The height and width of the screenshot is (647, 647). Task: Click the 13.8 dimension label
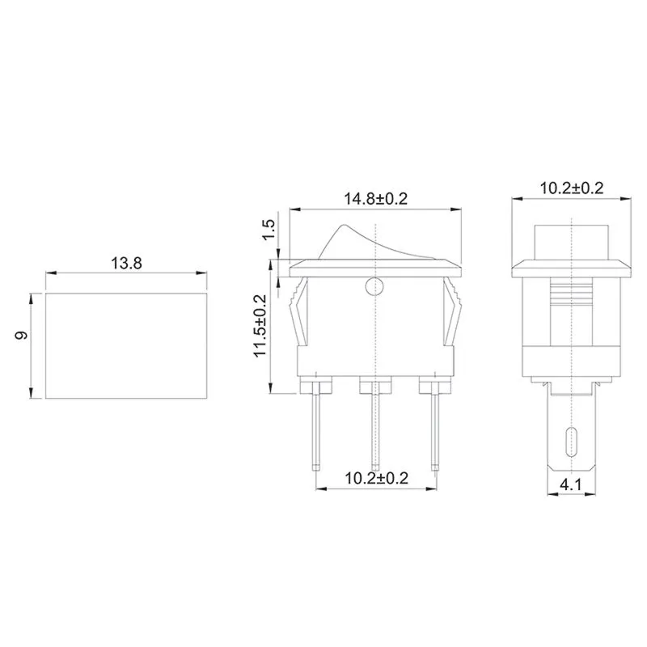click(126, 263)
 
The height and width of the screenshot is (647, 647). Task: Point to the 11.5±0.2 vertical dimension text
click(260, 326)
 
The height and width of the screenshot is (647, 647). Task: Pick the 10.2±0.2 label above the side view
click(572, 188)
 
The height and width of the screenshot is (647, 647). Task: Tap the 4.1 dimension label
click(572, 487)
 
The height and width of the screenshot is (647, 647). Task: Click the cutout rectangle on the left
click(126, 345)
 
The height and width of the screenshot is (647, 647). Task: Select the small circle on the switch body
click(374, 285)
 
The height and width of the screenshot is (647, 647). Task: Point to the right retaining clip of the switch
click(452, 315)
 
